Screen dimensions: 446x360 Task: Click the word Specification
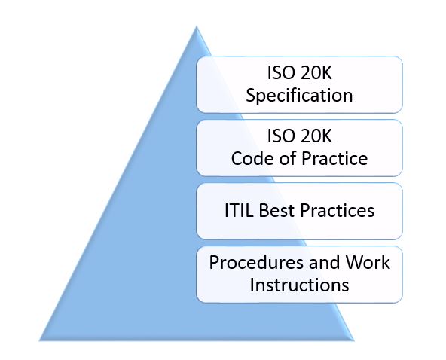[299, 96]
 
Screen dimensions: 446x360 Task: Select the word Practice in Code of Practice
[334, 158]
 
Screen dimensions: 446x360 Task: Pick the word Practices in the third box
[337, 211]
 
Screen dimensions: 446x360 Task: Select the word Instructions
[300, 285]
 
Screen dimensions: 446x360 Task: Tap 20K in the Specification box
[316, 73]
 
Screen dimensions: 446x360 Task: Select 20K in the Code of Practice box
[316, 136]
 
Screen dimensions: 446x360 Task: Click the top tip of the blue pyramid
[197, 26]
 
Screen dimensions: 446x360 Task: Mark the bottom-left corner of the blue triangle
[39, 340]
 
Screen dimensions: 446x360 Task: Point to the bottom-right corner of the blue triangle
[353, 340]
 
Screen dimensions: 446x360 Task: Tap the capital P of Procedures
[214, 262]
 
